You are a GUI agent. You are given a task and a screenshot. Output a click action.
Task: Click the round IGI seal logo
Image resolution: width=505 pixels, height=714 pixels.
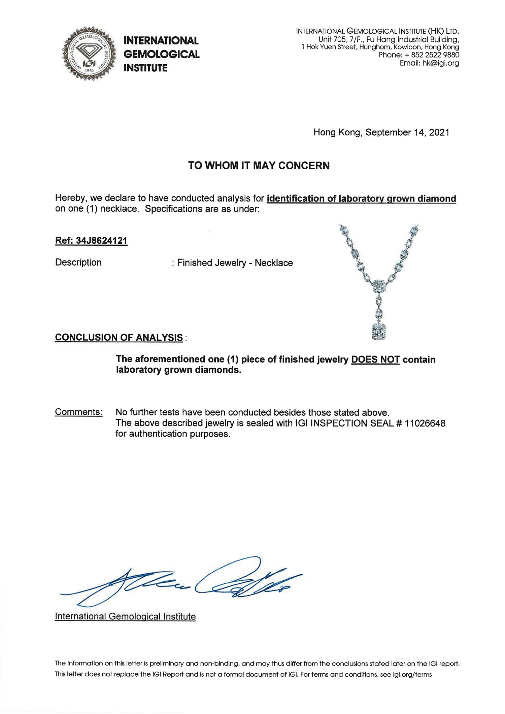89,54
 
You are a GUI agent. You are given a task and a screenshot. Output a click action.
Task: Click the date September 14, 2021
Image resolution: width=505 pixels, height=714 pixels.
407,132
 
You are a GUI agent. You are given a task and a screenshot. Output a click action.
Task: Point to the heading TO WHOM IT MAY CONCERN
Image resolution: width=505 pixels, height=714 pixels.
259,166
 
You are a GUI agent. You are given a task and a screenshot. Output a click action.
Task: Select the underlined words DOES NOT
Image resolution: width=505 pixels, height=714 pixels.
375,360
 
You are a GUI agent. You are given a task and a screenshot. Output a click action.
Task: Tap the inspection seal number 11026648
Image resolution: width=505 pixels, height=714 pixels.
425,423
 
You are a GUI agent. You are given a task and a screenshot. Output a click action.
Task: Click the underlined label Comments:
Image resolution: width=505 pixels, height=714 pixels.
79,412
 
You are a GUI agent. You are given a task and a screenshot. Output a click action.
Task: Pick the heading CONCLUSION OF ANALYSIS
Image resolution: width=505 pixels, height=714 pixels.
119,338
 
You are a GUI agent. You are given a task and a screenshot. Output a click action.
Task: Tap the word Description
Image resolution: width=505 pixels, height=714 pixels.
78,263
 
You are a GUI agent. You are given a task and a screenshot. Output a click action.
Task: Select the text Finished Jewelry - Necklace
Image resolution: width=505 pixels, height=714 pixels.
235,263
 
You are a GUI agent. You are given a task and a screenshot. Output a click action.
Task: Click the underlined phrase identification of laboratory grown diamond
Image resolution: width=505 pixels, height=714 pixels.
361,199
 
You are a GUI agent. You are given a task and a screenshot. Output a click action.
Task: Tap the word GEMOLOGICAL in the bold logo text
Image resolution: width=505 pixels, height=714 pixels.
162,54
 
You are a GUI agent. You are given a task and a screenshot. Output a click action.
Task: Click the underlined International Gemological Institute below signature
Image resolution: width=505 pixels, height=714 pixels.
125,616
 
